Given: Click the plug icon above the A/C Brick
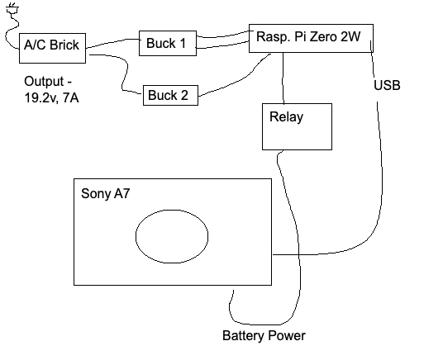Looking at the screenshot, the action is [12, 8].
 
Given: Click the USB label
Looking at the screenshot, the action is [387, 85].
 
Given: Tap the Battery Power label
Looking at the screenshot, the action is [264, 335].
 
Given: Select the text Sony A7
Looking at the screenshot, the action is [105, 193].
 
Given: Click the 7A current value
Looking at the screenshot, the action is [70, 97].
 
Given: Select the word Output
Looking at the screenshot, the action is [44, 82].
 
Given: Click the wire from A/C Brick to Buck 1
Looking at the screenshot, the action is [113, 43].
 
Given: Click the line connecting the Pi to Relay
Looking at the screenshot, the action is [283, 78].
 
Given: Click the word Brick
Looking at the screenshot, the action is [64, 45].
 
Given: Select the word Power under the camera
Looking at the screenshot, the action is [287, 335].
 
